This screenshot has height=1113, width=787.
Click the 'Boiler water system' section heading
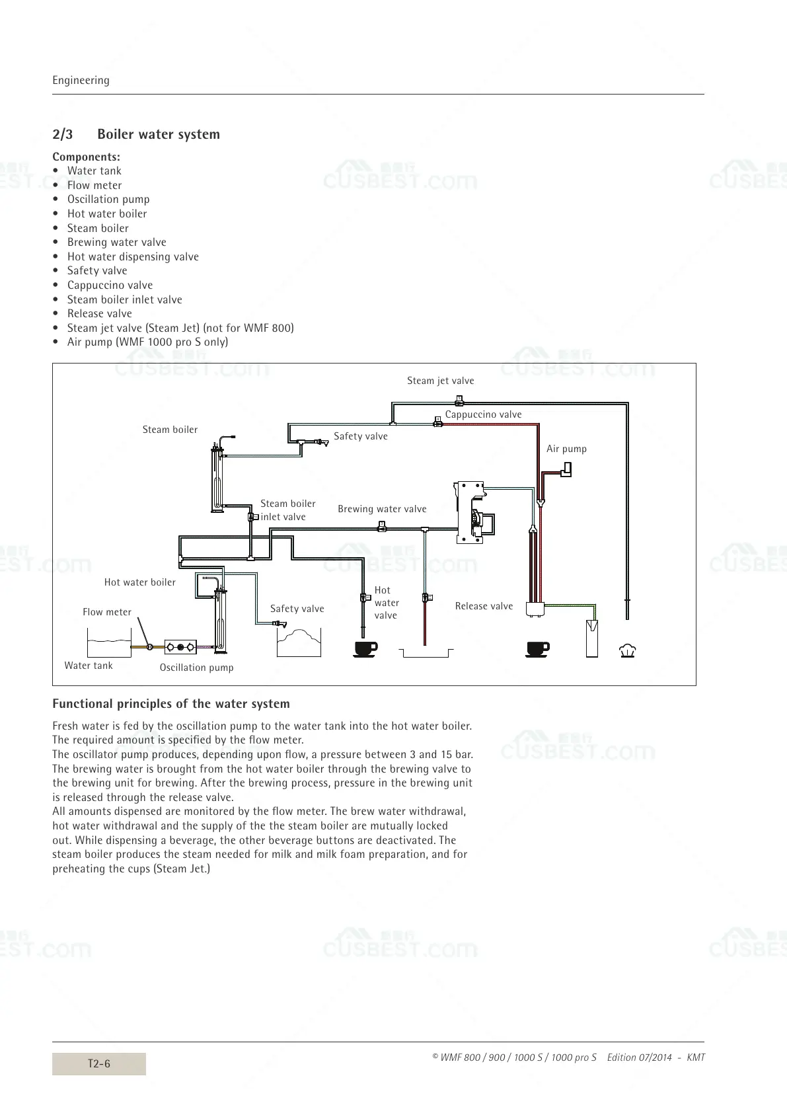[x=159, y=134]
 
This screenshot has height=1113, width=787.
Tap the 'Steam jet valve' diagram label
[x=440, y=381]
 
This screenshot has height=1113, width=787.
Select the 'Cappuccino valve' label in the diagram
[x=483, y=414]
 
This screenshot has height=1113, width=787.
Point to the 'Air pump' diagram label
[x=566, y=449]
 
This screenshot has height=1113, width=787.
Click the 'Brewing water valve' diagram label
[x=382, y=509]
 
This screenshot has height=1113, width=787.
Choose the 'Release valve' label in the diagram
[x=484, y=606]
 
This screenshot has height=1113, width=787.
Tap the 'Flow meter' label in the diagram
[x=107, y=612]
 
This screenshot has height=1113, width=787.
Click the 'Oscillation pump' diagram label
[x=196, y=668]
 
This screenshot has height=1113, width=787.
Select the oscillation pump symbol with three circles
[x=180, y=646]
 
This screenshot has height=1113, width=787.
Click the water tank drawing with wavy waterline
[x=110, y=642]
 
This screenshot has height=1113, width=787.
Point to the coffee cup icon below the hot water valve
[x=365, y=649]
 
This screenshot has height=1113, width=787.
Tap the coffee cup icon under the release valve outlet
[x=537, y=649]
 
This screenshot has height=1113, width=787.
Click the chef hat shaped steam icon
[x=626, y=651]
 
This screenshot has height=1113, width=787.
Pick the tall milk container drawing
[x=591, y=638]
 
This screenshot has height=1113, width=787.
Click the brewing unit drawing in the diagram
[x=472, y=512]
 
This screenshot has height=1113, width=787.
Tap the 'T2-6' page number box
[x=99, y=1063]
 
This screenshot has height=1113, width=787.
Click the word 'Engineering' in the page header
[x=81, y=80]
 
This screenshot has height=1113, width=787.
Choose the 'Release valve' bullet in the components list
[x=99, y=313]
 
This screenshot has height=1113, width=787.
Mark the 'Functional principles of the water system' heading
[x=170, y=703]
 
